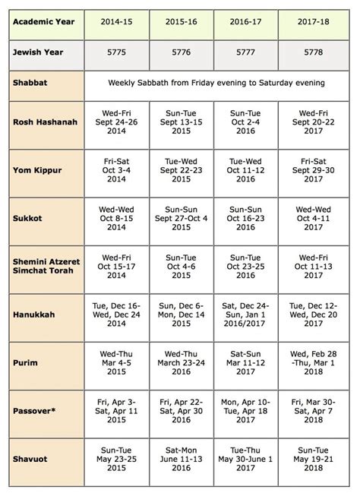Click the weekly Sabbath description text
click(216, 82)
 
